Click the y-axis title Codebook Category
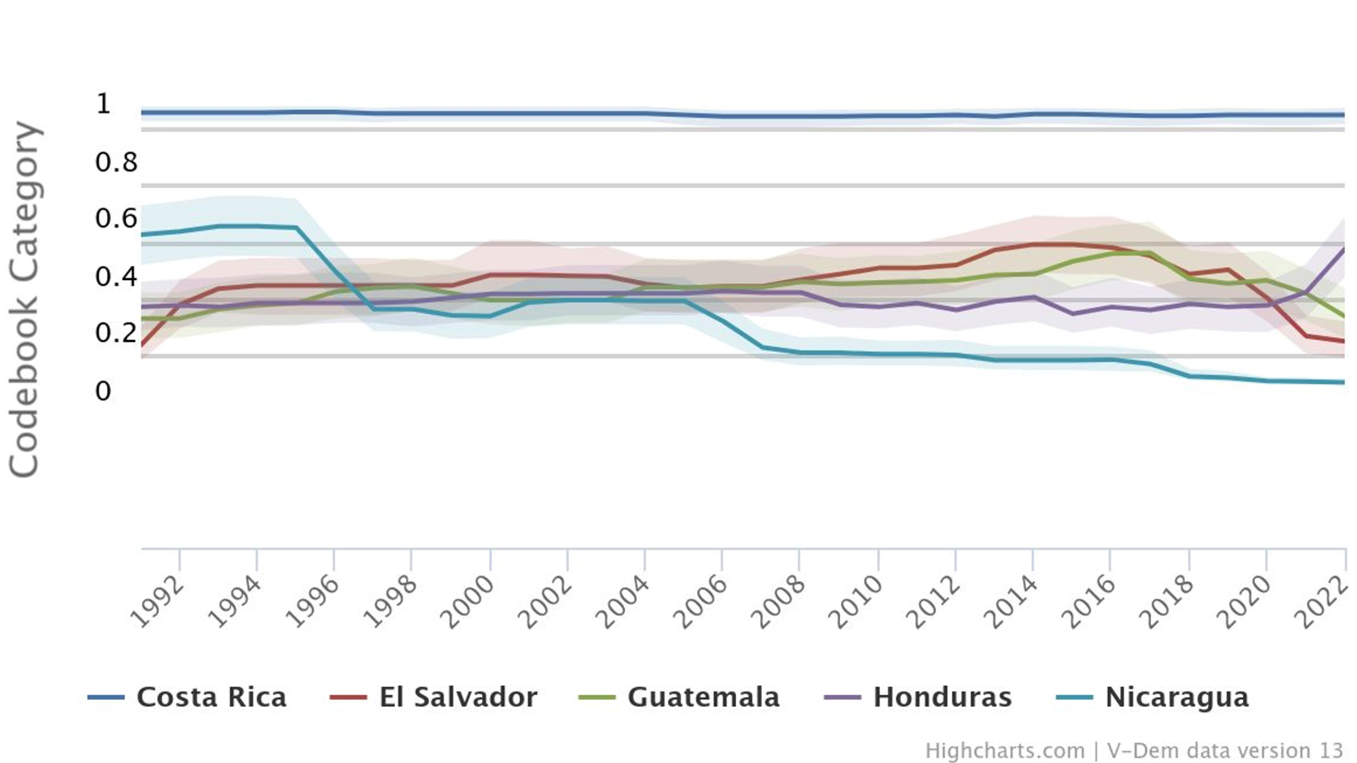click(24, 300)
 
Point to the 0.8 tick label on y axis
click(116, 162)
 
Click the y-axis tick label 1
click(103, 104)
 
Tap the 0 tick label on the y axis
click(103, 391)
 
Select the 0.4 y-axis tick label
click(116, 277)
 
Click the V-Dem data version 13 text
click(1224, 751)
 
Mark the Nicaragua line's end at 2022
click(1344, 383)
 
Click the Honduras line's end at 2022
click(1344, 249)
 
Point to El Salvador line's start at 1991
click(141, 345)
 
